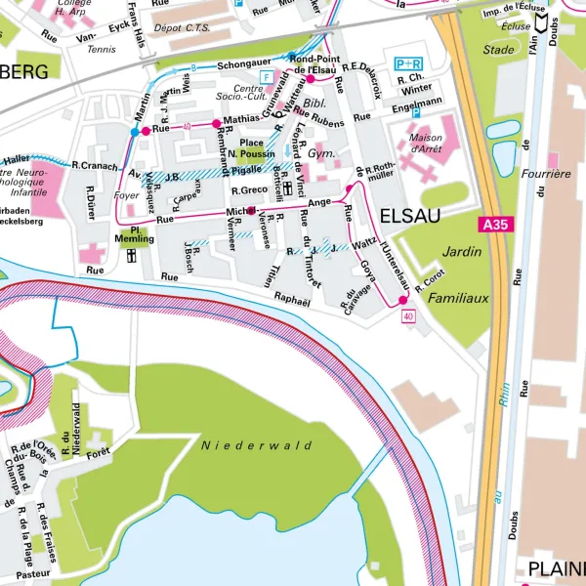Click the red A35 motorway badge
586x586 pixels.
pos(495,225)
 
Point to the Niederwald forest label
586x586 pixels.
pos(256,445)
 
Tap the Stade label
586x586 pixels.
pos(498,49)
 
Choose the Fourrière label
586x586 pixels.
pos(548,173)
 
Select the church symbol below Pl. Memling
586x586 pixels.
pos(131,256)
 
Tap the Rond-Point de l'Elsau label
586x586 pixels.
pos(314,63)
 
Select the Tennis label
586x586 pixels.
pos(103,49)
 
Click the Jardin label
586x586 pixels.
pos(462,251)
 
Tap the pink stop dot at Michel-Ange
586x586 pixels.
pos(251,210)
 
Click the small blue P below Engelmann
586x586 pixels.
pos(415,112)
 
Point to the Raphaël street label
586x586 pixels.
pos(292,301)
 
